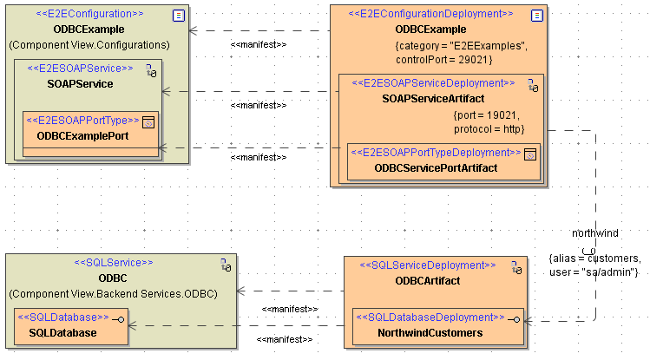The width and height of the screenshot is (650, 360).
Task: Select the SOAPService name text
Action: pyautogui.click(x=81, y=83)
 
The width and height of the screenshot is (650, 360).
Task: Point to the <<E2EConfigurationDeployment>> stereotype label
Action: pyautogui.click(x=430, y=14)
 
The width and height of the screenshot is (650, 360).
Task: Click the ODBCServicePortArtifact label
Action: pyautogui.click(x=436, y=167)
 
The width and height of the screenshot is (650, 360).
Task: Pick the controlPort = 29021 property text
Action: pyautogui.click(x=443, y=59)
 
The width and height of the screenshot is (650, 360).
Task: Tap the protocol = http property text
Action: pyautogui.click(x=489, y=128)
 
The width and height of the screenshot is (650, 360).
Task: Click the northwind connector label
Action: pyautogui.click(x=595, y=233)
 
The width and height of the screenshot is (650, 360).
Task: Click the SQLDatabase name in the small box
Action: pyautogui.click(x=62, y=332)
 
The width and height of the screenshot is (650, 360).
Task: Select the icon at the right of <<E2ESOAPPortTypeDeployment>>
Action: pyautogui.click(x=530, y=153)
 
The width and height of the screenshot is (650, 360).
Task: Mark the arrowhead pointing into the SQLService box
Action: pyautogui.click(x=241, y=291)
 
